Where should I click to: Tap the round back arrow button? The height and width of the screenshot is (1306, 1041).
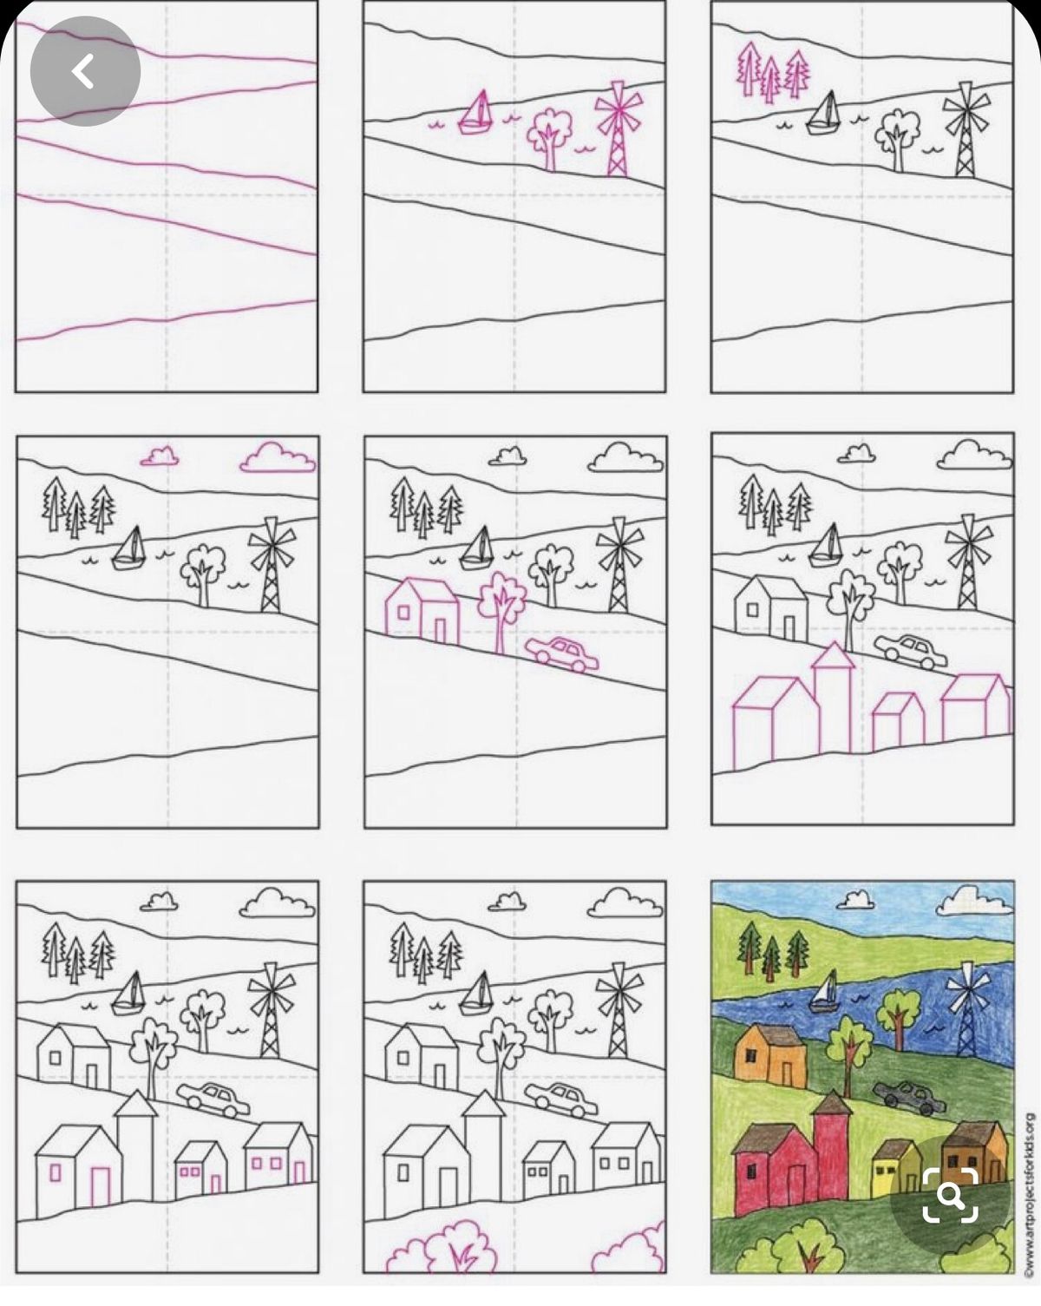point(86,71)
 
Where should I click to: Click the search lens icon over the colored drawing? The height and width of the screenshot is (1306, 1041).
point(950,1196)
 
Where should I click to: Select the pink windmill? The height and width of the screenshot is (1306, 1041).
point(619,128)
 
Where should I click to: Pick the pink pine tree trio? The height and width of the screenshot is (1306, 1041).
point(773,71)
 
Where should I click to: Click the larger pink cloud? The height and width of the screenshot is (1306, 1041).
point(278,458)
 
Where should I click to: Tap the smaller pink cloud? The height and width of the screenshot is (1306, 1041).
point(160,456)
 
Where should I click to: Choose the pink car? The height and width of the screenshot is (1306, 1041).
point(561,653)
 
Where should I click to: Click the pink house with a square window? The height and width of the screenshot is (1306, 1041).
point(422,611)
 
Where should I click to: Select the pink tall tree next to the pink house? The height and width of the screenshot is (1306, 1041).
point(501,613)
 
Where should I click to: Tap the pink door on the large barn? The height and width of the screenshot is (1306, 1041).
point(100,1185)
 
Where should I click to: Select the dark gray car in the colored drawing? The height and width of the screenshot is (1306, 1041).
point(909,1097)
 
